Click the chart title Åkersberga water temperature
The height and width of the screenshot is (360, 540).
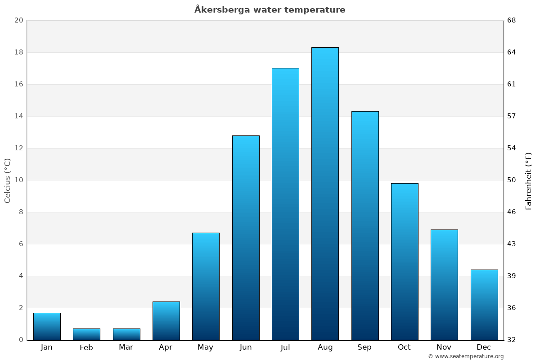pyautogui.click(x=270, y=9)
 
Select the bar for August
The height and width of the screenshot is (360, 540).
pyautogui.click(x=325, y=193)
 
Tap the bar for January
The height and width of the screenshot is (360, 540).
pyautogui.click(x=47, y=326)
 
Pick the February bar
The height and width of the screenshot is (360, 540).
pyautogui.click(x=86, y=334)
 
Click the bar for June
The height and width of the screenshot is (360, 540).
pyautogui.click(x=246, y=238)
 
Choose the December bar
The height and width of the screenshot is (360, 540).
pyautogui.click(x=484, y=305)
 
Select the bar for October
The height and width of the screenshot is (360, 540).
pyautogui.click(x=405, y=261)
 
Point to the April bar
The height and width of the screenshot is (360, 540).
pyautogui.click(x=166, y=320)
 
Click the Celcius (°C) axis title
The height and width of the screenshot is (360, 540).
pyautogui.click(x=8, y=180)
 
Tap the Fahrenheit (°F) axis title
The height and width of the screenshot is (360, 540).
pyautogui.click(x=528, y=180)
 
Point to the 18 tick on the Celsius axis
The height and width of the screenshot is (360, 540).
pyautogui.click(x=18, y=52)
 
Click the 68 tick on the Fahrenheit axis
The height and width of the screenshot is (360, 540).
pyautogui.click(x=512, y=20)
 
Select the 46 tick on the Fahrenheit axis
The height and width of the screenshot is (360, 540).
pyautogui.click(x=512, y=212)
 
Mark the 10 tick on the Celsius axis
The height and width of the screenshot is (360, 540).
pyautogui.click(x=18, y=180)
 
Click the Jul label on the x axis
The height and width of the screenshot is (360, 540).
pyautogui.click(x=285, y=347)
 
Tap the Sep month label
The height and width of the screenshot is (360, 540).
pyautogui.click(x=364, y=347)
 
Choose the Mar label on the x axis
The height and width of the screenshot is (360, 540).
pyautogui.click(x=126, y=347)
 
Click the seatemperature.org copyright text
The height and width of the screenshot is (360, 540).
pyautogui.click(x=466, y=356)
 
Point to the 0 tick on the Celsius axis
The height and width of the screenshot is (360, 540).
pyautogui.click(x=21, y=340)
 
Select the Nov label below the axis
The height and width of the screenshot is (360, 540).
pyautogui.click(x=444, y=347)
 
